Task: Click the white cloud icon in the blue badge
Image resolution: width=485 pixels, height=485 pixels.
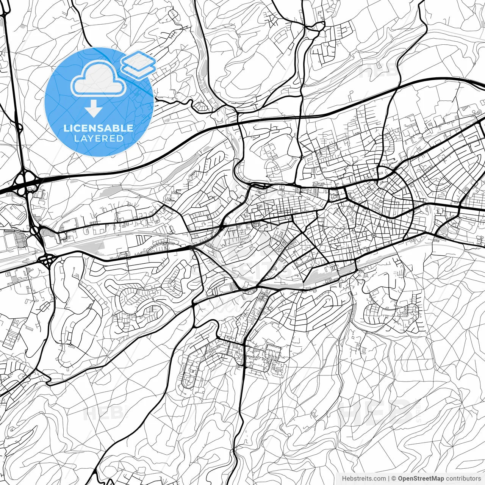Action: (99, 79)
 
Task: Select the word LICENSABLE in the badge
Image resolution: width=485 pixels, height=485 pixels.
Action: (99, 128)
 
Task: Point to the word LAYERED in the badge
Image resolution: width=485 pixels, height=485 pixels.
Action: (99, 139)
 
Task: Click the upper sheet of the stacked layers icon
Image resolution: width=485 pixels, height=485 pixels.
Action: (139, 59)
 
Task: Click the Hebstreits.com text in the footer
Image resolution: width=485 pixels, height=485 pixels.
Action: (364, 478)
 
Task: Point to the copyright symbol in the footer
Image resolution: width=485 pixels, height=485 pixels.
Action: (394, 478)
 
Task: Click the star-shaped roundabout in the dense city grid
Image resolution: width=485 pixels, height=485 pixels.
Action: (374, 235)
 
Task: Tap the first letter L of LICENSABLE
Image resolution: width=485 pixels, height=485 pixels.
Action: (66, 128)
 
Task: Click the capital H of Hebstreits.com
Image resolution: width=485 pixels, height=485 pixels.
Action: (344, 478)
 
